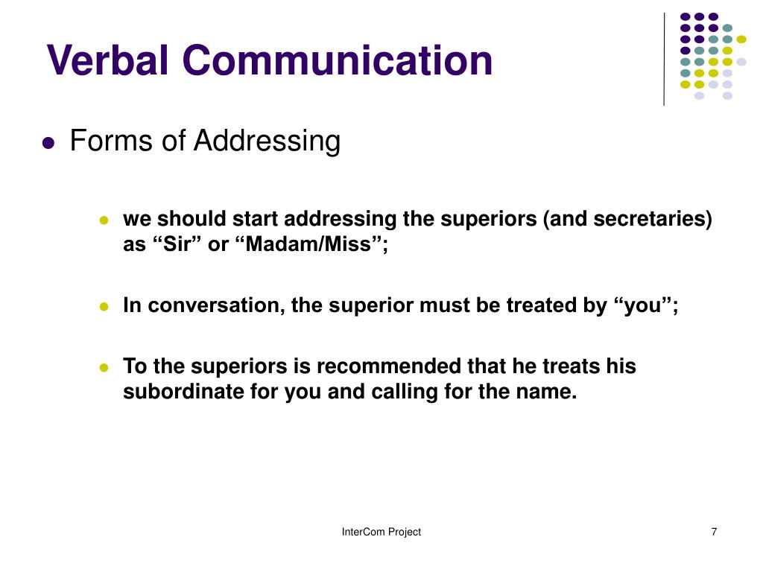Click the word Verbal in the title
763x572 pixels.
107,60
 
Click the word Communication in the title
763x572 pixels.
338,60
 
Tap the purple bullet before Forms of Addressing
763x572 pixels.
48,143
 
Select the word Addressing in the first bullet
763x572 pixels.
267,141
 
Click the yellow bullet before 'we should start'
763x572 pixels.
104,220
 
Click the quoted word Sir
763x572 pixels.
179,244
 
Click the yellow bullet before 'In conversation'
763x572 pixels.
104,307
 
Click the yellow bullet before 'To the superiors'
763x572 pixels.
104,368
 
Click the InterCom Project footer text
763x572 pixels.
381,532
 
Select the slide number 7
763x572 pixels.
714,532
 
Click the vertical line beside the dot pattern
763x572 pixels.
664,59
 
